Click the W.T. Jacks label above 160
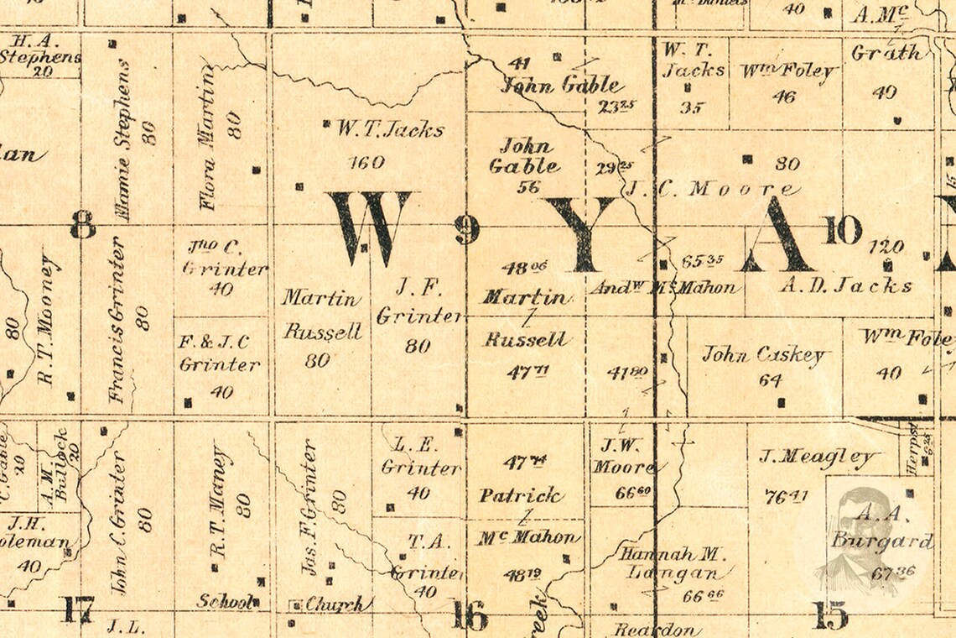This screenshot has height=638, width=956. (x=390, y=129)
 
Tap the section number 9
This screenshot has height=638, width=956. (x=467, y=230)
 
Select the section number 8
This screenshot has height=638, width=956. (x=82, y=225)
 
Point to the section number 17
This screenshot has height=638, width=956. (x=76, y=609)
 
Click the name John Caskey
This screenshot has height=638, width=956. (x=763, y=354)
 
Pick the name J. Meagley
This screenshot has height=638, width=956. (x=818, y=458)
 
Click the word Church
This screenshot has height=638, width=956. (x=335, y=604)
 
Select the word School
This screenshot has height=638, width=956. (x=224, y=601)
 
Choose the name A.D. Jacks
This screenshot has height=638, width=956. (x=845, y=285)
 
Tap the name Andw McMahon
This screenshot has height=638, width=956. (x=667, y=287)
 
